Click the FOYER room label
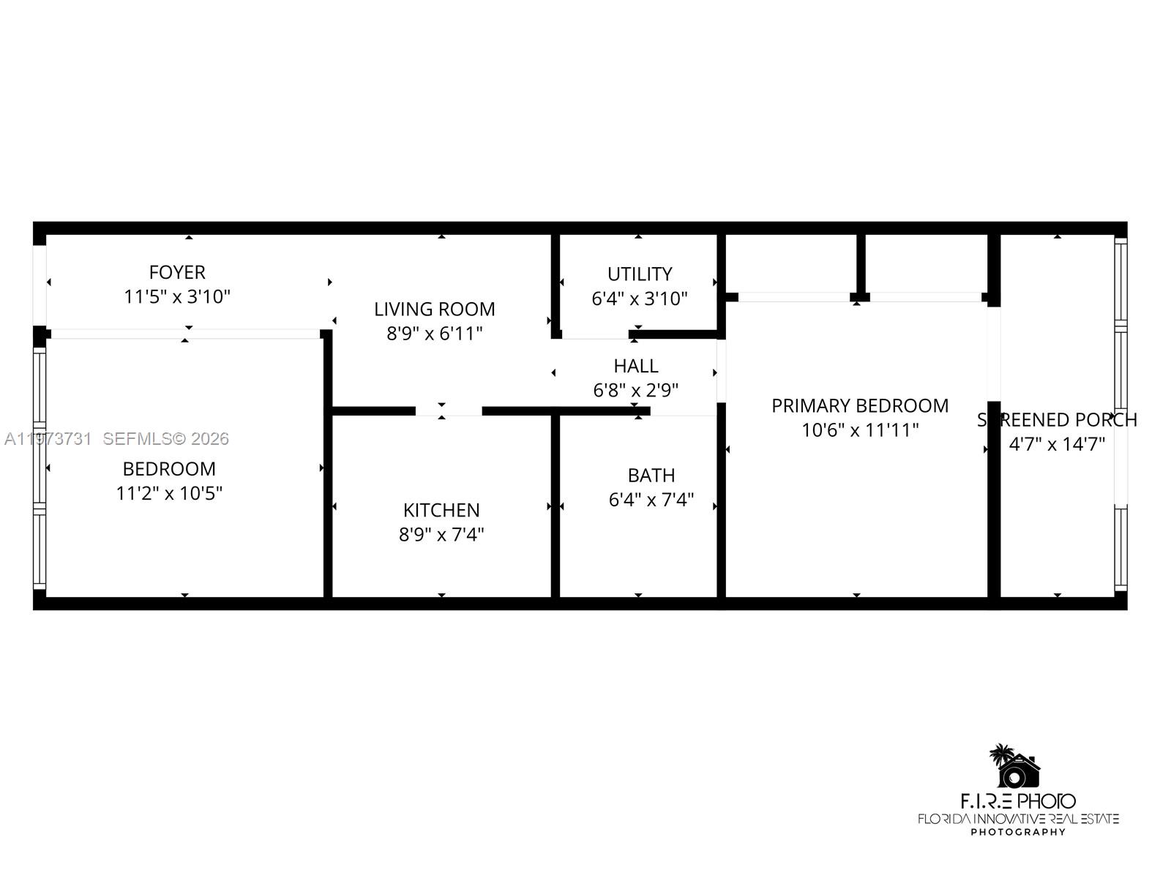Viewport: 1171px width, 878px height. [177, 272]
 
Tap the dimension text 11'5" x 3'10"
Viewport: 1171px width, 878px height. [177, 297]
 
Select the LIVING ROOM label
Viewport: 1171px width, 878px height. [435, 309]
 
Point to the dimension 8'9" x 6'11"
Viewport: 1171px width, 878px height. [435, 334]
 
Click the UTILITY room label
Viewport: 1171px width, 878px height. [640, 274]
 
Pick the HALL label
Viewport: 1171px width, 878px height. [636, 366]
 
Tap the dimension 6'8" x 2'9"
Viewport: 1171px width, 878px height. [636, 390]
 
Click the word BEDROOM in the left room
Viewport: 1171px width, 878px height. [169, 469]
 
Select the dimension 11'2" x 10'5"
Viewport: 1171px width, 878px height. [169, 494]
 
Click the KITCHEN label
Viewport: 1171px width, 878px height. [441, 510]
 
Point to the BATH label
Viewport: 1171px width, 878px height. [651, 476]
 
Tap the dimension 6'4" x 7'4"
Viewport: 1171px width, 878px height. [651, 500]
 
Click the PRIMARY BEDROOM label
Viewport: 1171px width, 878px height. [860, 405]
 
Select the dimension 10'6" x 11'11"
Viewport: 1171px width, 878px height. [860, 430]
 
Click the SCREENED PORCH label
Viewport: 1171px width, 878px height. [1057, 420]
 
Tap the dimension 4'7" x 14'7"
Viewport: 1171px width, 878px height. [1057, 444]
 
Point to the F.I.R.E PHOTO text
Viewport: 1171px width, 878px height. [1018, 801]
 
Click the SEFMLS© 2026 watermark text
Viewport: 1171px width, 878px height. [166, 439]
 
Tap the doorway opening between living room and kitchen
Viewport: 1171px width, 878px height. [449, 410]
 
